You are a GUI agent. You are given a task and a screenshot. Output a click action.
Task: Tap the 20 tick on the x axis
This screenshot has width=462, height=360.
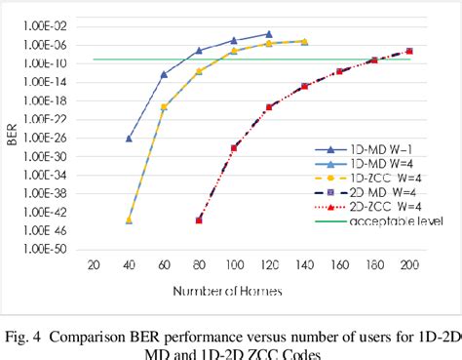(x=94, y=264)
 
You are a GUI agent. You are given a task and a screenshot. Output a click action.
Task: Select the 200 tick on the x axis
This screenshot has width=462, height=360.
(x=409, y=264)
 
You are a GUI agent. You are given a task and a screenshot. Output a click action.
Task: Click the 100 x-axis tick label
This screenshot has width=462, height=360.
(x=234, y=264)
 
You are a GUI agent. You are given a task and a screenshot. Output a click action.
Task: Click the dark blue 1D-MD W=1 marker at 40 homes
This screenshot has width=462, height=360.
(x=129, y=139)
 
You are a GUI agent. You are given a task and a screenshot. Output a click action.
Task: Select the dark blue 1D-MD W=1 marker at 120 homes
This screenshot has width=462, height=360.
(x=269, y=34)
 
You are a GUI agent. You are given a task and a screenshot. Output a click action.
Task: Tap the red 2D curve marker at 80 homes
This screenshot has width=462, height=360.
(x=199, y=220)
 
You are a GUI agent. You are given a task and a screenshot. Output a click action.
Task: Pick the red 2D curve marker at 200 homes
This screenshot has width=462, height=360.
(x=409, y=51)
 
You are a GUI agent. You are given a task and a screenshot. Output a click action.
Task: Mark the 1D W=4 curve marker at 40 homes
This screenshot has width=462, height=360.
(x=129, y=220)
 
